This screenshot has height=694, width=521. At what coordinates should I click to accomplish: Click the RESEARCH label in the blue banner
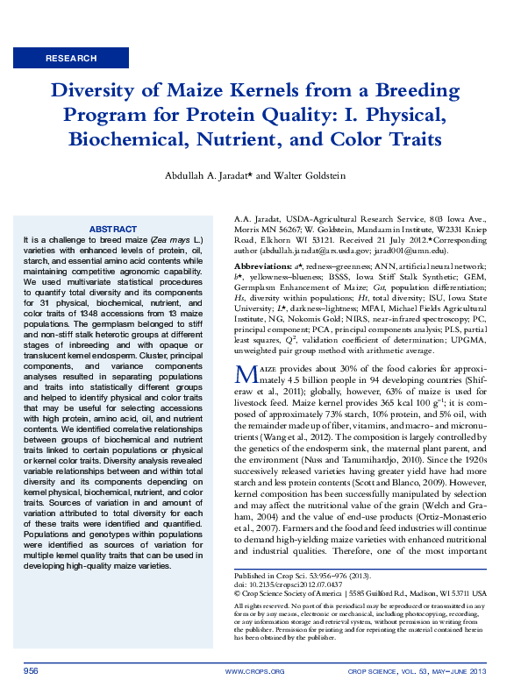pos(72,59)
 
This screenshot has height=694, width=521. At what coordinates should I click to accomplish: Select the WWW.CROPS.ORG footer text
pos(254,671)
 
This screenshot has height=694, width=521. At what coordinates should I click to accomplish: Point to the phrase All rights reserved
pos(260,605)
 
